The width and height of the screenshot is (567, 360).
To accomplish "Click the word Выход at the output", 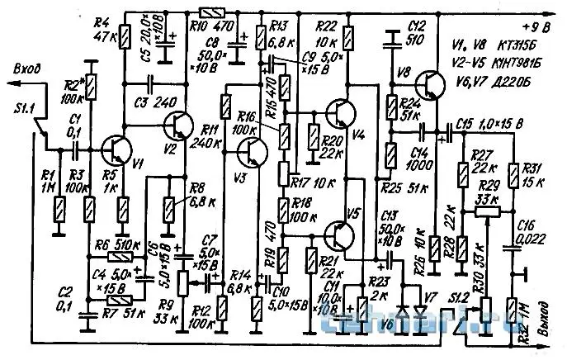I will [542, 327].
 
